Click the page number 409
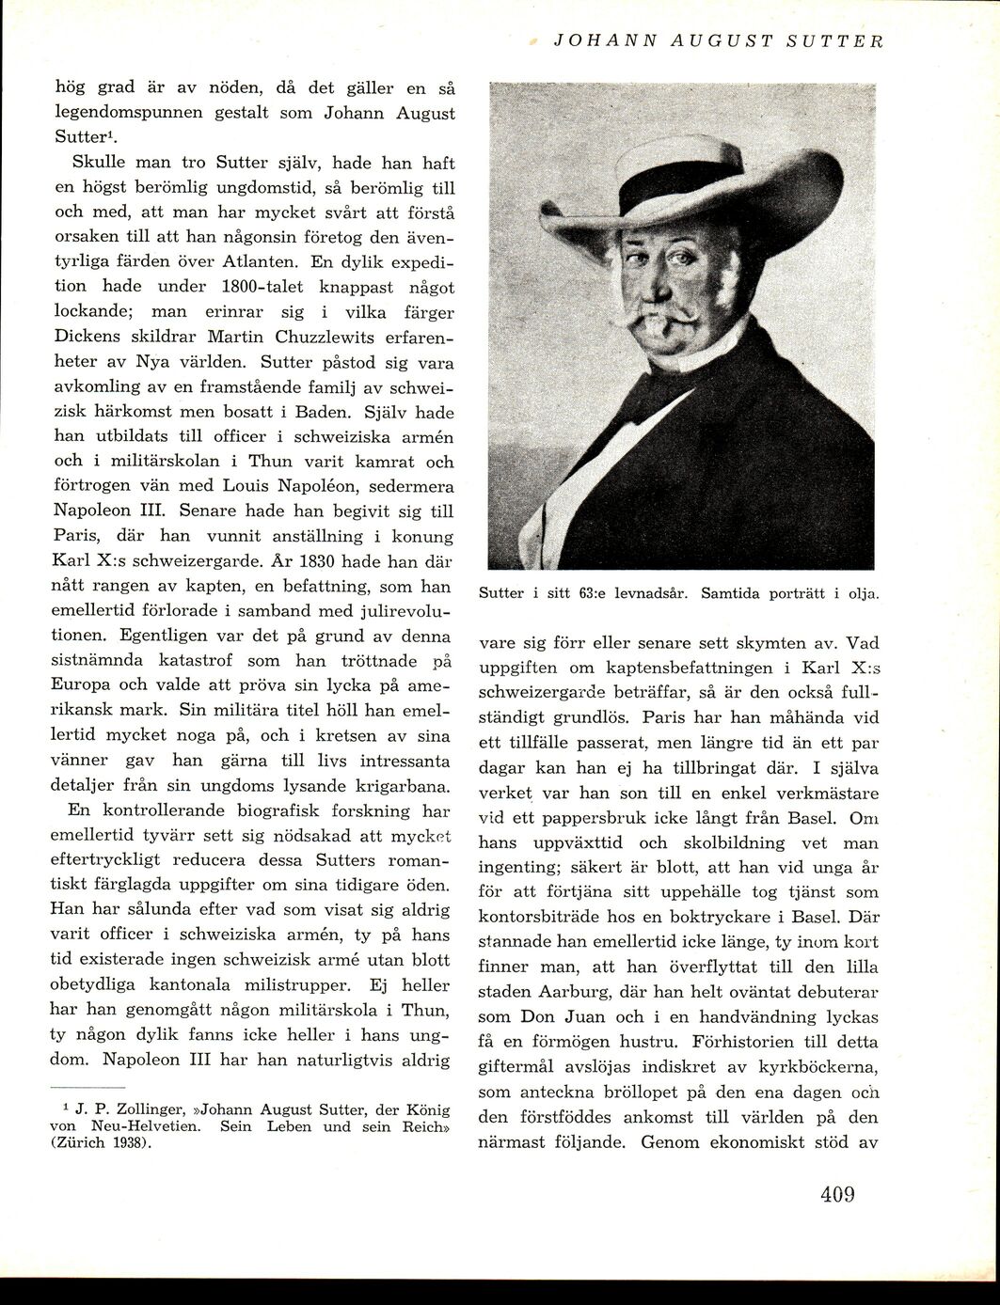tap(836, 1195)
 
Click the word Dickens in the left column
tap(86, 337)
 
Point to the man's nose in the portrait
tap(664, 286)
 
